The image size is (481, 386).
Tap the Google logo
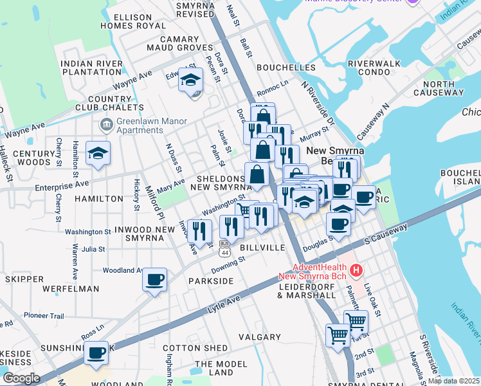[21, 378]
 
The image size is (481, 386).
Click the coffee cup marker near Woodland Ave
[154, 280]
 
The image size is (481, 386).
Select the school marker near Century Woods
[98, 153]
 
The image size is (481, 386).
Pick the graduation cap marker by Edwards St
[190, 80]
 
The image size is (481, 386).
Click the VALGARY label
[260, 337]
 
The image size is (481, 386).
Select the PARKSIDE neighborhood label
[211, 281]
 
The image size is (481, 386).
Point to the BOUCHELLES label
[286, 68]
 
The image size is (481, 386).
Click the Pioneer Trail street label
[44, 315]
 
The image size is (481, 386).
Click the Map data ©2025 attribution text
[453, 381]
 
